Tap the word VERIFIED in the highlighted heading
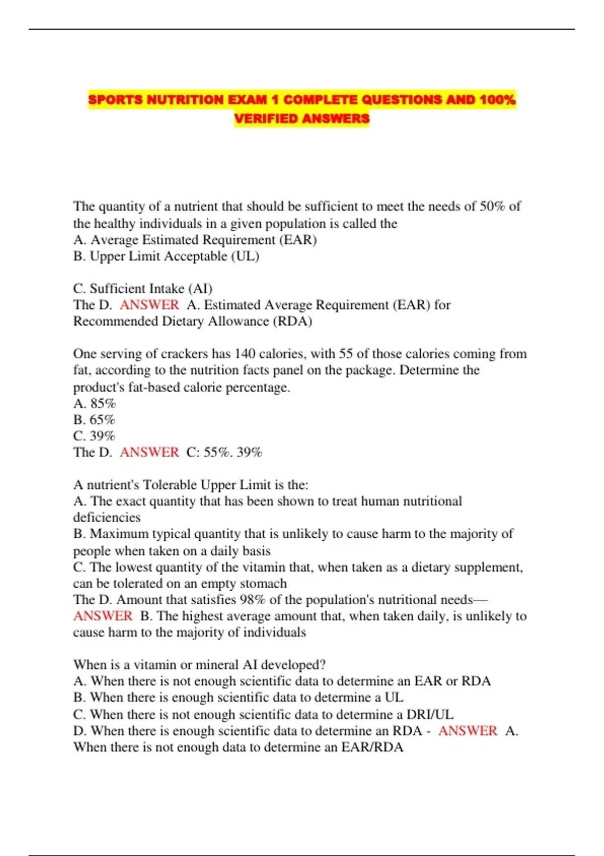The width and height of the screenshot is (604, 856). (x=266, y=119)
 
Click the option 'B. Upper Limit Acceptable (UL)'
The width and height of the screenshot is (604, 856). (x=166, y=256)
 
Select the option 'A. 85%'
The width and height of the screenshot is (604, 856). (x=95, y=403)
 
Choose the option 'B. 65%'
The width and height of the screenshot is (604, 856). (x=94, y=420)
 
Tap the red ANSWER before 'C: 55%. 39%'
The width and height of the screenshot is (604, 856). (x=149, y=452)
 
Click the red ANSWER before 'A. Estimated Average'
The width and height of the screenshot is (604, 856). (x=149, y=305)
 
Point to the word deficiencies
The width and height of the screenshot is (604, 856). (x=107, y=518)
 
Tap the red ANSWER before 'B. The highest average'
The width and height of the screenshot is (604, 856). (x=103, y=616)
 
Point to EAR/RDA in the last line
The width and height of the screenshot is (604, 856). (x=372, y=747)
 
